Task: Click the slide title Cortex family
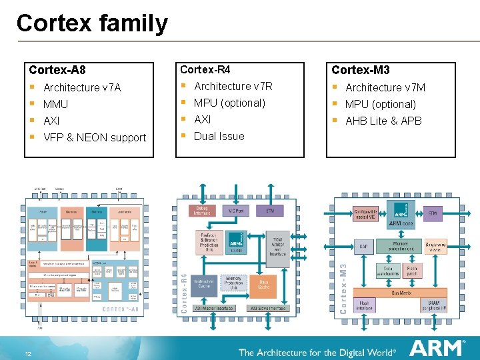[x=92, y=23]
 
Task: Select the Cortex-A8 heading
[x=57, y=69]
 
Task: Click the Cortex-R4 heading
[x=205, y=69]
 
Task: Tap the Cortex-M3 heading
[x=361, y=69]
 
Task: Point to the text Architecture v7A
[x=82, y=87]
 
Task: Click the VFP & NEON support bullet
[x=94, y=137]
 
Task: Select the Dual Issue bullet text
[x=219, y=136]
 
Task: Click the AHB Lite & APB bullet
[x=383, y=121]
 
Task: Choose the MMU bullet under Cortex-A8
[x=55, y=104]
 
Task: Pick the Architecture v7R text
[x=233, y=86]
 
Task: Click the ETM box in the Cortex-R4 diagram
[x=270, y=211]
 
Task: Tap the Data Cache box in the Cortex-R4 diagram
[x=264, y=285]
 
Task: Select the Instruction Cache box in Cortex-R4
[x=204, y=285]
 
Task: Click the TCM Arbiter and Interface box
[x=277, y=245]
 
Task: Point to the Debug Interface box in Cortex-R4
[x=202, y=211]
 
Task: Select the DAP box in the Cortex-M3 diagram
[x=363, y=247]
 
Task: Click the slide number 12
[x=29, y=353]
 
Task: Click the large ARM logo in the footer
[x=437, y=349]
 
